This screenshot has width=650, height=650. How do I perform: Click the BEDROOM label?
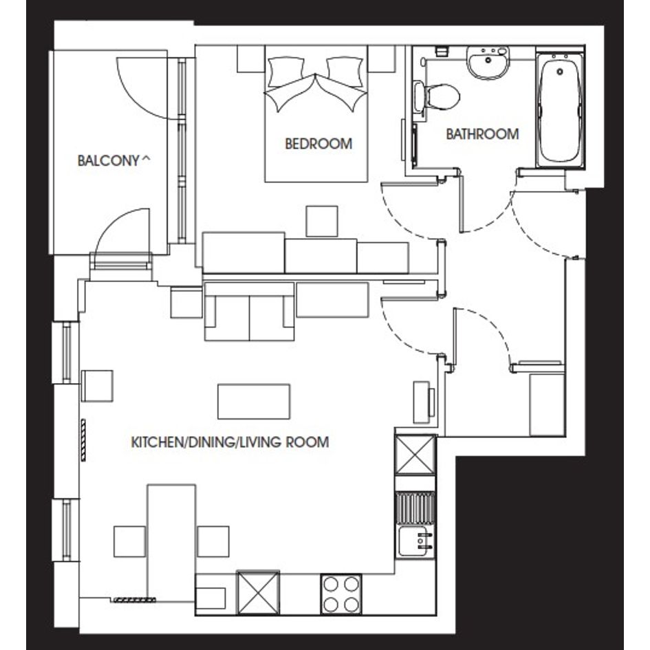(318, 144)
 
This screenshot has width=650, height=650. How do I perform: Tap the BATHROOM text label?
(482, 134)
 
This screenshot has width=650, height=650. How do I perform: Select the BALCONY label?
(108, 160)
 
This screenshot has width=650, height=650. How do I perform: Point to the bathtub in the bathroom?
(560, 111)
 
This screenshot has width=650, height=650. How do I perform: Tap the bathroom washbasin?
(488, 63)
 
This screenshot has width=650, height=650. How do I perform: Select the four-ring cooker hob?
(340, 594)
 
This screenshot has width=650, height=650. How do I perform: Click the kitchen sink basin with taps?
(415, 541)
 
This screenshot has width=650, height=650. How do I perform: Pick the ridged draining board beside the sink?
(415, 508)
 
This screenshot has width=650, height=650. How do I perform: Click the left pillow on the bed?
(286, 72)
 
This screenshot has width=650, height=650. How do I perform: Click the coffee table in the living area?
(254, 401)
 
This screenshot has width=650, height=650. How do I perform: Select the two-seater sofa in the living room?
(249, 312)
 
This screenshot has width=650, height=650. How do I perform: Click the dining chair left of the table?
(130, 541)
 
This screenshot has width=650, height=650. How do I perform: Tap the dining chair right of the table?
(213, 541)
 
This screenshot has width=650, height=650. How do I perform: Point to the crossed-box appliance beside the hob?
(258, 593)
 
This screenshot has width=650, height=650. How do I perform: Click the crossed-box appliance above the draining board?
(415, 455)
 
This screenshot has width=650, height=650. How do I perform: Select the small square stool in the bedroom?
(322, 221)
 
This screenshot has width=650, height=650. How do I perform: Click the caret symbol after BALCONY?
(146, 158)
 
